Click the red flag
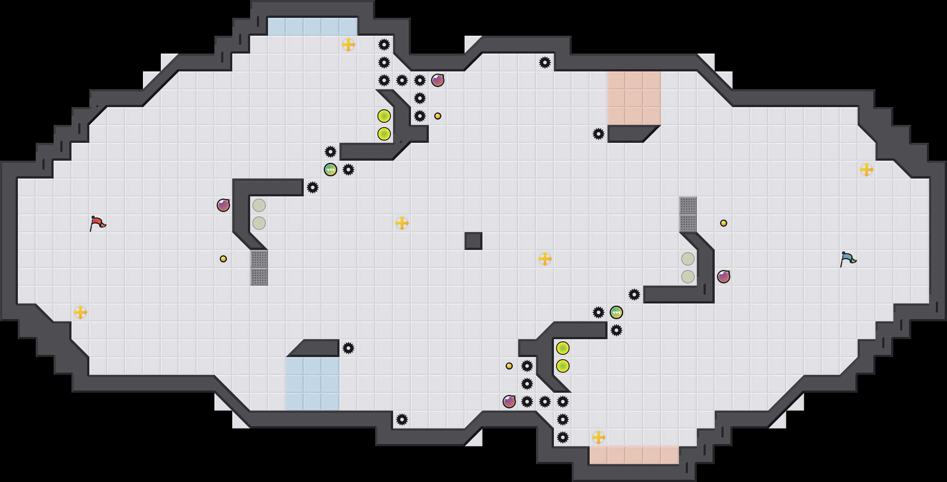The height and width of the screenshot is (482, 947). pos(97,223)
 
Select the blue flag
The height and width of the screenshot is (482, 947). pos(847,258)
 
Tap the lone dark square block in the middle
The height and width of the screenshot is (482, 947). pos(473,241)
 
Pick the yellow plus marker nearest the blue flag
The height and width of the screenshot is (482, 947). pos(867,170)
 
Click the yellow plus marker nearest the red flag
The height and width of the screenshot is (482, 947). pos(80,312)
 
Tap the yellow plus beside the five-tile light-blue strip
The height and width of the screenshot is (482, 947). pos(348,45)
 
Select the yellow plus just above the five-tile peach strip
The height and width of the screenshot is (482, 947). pos(599,437)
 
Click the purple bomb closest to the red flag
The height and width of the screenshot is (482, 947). pos(223,205)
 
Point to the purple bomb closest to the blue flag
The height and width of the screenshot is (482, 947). pos(724,277)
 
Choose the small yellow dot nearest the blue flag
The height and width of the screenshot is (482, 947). pos(724,223)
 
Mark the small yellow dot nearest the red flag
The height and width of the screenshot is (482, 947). pos(223,259)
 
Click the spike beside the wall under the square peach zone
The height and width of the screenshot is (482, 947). pos(599,134)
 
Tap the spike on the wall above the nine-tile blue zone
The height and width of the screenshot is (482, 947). pos(348,348)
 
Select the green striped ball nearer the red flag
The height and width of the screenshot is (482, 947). pos(331,170)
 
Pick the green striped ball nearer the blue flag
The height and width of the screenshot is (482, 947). pos(616,312)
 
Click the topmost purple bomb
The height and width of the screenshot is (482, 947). pos(438,80)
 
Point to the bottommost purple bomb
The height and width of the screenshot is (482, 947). pos(509,402)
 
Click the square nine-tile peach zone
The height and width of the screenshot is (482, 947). pos(634,98)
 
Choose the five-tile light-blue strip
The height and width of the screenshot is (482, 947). pos(313,27)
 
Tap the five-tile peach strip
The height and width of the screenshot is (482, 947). pos(634,455)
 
